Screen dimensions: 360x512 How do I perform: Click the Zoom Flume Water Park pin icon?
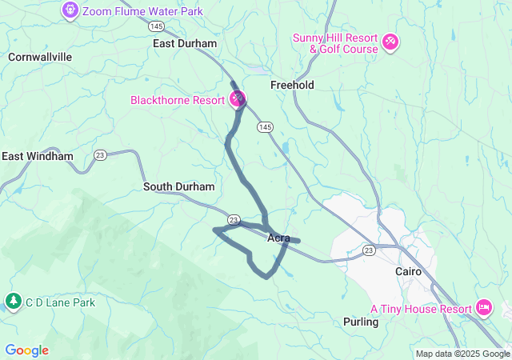coord(70,11)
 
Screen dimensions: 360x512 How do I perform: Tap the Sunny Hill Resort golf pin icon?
coord(390,41)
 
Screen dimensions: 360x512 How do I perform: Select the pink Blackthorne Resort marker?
coord(238,99)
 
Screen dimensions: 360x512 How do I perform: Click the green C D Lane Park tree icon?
coord(13,302)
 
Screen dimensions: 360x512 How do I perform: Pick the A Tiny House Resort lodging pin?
coord(483,308)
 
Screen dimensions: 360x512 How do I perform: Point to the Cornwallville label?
coord(40,58)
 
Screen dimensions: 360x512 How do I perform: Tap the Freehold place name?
coord(292,85)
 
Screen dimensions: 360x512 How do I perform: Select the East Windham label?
coord(38,157)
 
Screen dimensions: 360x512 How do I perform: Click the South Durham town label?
coord(179,186)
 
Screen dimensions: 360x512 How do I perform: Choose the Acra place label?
coord(278,238)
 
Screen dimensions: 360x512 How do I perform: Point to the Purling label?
coord(359,322)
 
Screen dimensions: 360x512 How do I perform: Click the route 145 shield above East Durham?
coord(158,26)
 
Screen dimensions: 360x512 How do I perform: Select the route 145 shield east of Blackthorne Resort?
coord(266,127)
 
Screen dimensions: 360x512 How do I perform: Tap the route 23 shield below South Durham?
coord(234,218)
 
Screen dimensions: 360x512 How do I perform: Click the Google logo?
coord(26,350)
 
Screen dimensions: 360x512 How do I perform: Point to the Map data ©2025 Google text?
coord(462,354)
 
